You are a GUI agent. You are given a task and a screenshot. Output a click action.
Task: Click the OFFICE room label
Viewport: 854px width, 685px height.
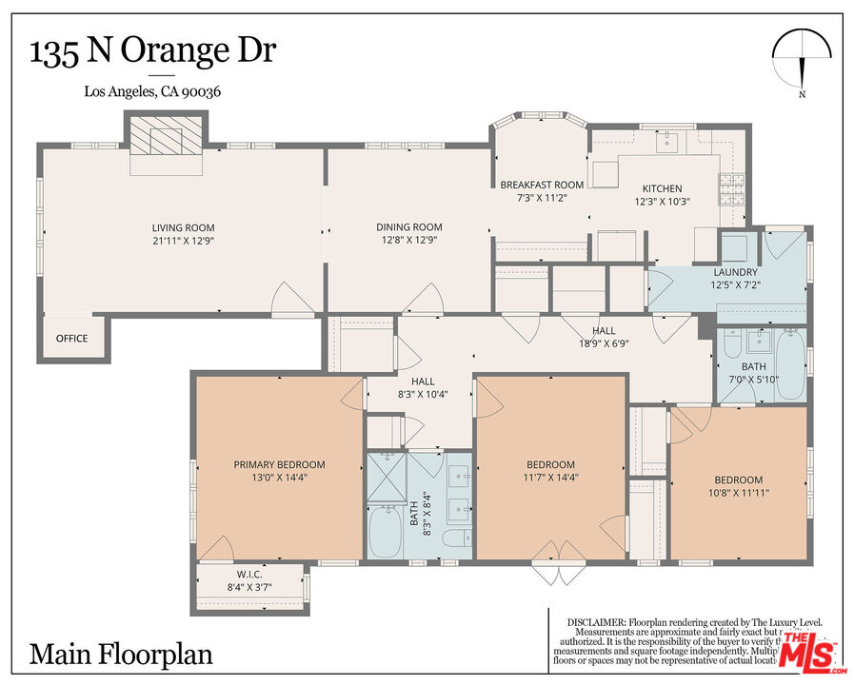(71, 338)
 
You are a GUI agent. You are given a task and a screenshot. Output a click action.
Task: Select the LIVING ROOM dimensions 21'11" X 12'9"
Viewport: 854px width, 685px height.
(183, 241)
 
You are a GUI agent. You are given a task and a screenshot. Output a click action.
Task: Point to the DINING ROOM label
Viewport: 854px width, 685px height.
(409, 226)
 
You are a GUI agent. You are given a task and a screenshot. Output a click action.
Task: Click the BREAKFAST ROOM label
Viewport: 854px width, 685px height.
(542, 185)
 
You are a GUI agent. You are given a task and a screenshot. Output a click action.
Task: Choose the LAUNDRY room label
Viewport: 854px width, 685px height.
(735, 272)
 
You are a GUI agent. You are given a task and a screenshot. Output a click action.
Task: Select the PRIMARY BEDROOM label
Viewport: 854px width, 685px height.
(279, 464)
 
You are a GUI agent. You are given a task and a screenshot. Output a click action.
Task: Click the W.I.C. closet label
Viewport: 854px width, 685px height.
(249, 574)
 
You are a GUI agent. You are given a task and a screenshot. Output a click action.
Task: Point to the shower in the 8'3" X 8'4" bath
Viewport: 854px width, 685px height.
(387, 475)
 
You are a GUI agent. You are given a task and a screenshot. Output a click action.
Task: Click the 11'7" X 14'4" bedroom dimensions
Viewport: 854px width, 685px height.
(551, 479)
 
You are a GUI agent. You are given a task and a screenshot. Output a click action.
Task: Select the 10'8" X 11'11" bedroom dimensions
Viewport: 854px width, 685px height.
(738, 493)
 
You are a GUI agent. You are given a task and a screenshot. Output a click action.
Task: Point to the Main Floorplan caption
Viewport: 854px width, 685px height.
(121, 655)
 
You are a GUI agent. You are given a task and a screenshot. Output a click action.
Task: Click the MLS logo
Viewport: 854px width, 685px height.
(807, 652)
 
